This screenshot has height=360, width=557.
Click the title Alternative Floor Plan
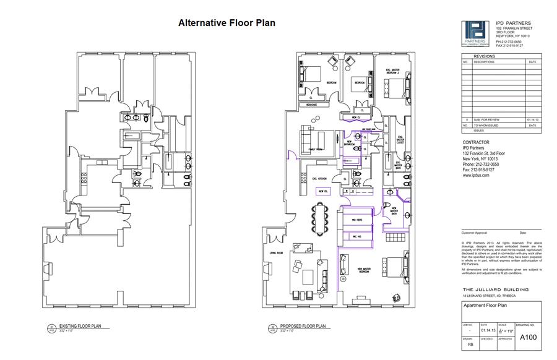[227, 23]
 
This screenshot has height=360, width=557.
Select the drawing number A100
[528, 337]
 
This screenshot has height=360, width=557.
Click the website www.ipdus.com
[476, 175]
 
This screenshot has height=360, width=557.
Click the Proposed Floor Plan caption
[303, 325]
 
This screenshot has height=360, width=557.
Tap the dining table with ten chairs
[322, 220]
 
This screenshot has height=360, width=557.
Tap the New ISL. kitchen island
[324, 192]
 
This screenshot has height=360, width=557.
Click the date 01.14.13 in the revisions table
[533, 119]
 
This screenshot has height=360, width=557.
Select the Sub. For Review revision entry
[486, 119]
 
